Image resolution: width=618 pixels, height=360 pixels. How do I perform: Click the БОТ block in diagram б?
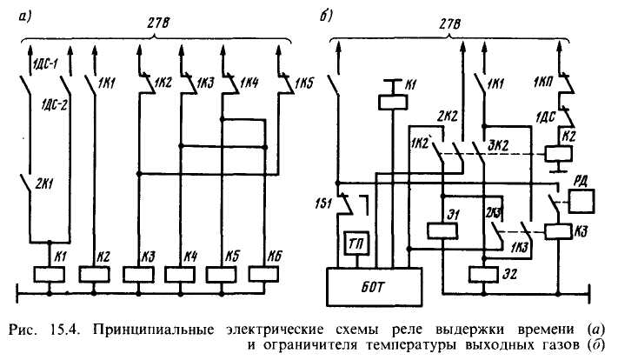pyautogui.click(x=375, y=288)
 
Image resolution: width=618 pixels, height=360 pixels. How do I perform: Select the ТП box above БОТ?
pyautogui.click(x=357, y=244)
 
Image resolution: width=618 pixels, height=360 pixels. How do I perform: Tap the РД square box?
pyautogui.click(x=581, y=201)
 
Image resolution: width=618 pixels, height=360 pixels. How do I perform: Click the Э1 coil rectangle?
pyautogui.click(x=442, y=230)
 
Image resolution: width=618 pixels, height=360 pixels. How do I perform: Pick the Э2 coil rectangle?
pyautogui.click(x=484, y=275)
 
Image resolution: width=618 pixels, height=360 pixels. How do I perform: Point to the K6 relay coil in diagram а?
pyautogui.click(x=263, y=275)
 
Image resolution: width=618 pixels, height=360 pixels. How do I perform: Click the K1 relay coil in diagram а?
pyautogui.click(x=50, y=275)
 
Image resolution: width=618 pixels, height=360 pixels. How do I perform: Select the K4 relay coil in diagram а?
pyautogui.click(x=180, y=275)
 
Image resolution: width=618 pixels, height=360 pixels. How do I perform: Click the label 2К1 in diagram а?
pyautogui.click(x=44, y=183)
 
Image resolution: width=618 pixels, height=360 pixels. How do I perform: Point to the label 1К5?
pyautogui.click(x=303, y=84)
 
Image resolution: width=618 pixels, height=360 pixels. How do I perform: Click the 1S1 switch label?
pyautogui.click(x=323, y=203)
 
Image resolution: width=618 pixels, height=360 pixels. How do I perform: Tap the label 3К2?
pyautogui.click(x=499, y=145)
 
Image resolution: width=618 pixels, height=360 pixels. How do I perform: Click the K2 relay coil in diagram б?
pyautogui.click(x=558, y=154)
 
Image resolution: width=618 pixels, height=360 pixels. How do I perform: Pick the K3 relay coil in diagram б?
pyautogui.click(x=558, y=231)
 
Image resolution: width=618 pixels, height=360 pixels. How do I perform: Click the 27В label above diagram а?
pyautogui.click(x=158, y=23)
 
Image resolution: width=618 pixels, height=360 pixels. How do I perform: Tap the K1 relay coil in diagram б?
pyautogui.click(x=393, y=102)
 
